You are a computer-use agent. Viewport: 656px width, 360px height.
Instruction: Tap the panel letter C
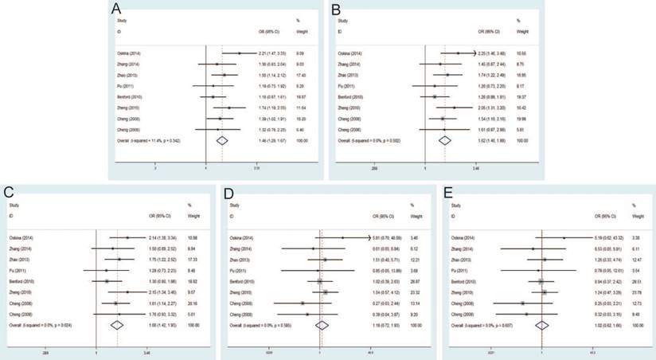point(9,192)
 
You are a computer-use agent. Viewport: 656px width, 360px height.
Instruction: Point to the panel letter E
point(447,192)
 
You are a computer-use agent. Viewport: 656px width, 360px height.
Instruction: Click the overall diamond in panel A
point(222,140)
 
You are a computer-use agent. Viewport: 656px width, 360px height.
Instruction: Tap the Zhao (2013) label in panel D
point(240,260)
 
